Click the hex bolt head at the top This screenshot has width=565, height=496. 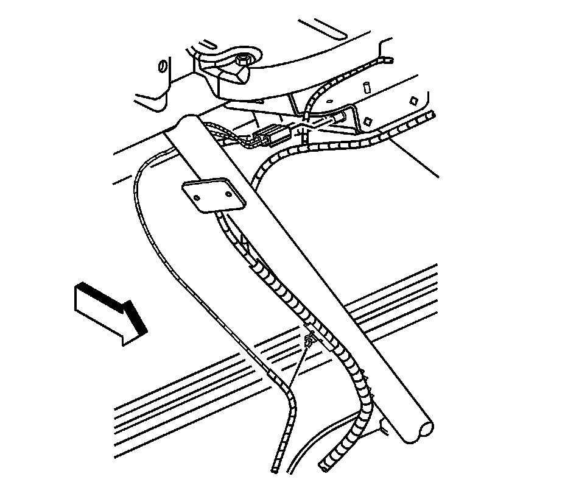(243, 60)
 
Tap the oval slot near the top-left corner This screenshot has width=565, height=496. (162, 66)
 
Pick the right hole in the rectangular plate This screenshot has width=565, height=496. (228, 196)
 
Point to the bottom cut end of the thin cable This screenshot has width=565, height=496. (274, 470)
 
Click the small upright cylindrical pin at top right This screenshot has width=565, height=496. (368, 87)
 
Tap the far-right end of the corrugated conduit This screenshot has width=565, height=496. (431, 115)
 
